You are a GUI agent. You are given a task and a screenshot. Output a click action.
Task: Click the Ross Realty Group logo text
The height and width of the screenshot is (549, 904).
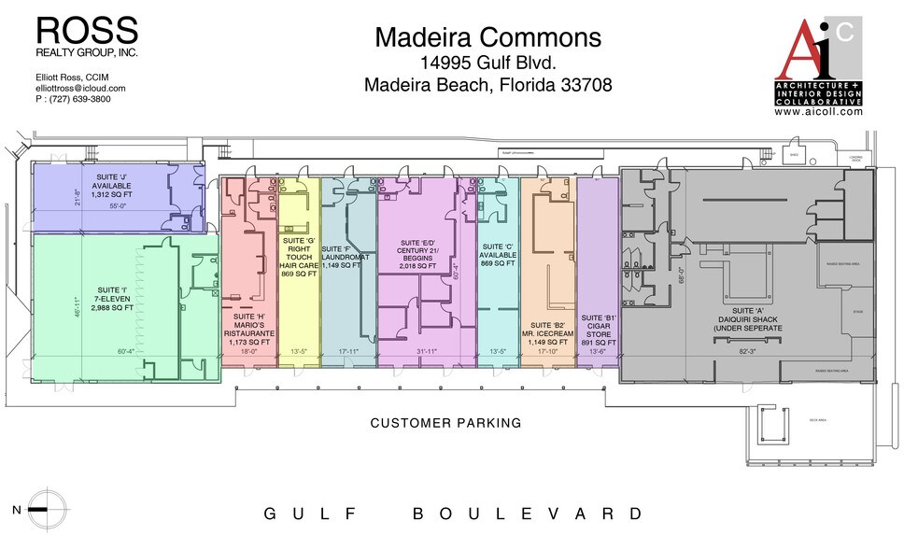pos(86,35)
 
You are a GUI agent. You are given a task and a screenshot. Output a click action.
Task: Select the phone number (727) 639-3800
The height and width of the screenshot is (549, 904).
pos(73,99)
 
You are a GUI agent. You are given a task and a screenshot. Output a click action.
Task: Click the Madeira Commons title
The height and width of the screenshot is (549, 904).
pos(488,37)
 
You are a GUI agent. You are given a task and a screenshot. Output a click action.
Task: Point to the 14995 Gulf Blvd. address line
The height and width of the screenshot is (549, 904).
pos(488,63)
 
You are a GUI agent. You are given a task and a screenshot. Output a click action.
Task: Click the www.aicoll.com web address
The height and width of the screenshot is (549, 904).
pos(818,110)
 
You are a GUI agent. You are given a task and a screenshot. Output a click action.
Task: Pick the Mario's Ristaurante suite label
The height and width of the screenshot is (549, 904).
pos(249,329)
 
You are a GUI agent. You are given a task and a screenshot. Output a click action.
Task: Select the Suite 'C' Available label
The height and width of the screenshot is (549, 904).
pos(498,256)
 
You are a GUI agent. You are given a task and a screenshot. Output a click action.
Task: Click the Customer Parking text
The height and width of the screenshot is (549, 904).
pos(445,423)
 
